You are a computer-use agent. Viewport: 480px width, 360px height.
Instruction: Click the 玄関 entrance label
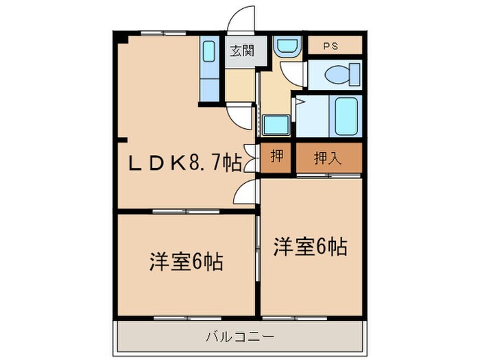(241, 51)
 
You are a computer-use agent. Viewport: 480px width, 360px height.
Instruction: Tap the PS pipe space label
(334, 46)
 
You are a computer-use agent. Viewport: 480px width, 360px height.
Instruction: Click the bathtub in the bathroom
(347, 116)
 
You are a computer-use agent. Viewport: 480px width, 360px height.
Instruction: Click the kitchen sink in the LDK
(209, 51)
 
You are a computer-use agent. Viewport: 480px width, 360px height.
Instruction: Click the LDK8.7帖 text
(186, 162)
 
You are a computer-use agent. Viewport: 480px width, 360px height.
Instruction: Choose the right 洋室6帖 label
(311, 246)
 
